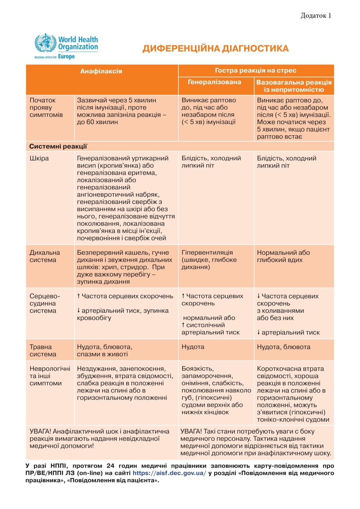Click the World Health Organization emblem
(45, 43)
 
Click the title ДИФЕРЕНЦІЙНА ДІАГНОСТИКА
(216, 48)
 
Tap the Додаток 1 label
(316, 16)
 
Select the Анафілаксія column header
(101, 71)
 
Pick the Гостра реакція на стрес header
(256, 71)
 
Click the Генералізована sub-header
(214, 82)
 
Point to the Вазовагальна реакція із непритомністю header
(294, 86)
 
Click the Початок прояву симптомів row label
(46, 108)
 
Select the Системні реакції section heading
(58, 147)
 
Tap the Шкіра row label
(39, 158)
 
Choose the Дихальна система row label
(45, 256)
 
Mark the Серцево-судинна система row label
(45, 303)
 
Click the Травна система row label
(43, 351)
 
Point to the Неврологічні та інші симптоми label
(50, 376)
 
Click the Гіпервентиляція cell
(209, 260)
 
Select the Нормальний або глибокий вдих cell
(283, 256)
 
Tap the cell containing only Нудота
(193, 347)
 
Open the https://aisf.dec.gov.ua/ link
(169, 473)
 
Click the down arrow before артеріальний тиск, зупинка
(79, 311)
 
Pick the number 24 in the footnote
(110, 466)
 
